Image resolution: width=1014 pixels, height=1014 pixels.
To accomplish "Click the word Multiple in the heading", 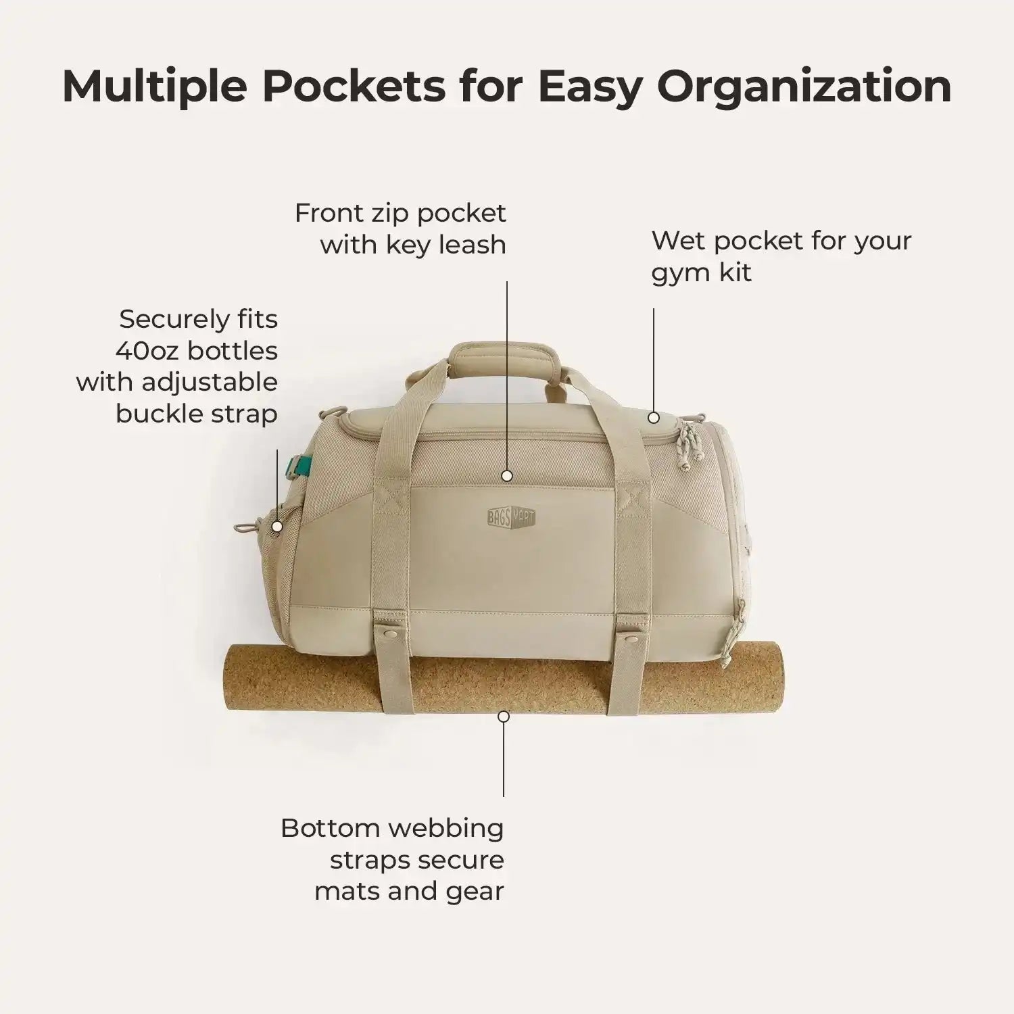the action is (x=155, y=87).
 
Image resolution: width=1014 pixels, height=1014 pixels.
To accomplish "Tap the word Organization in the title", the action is (x=804, y=87).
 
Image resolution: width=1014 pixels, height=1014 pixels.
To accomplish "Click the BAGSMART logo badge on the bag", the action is (x=511, y=517).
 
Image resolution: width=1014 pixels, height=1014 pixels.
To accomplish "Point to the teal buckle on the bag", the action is (x=296, y=462).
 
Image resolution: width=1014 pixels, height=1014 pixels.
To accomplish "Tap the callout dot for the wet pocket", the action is (x=654, y=418).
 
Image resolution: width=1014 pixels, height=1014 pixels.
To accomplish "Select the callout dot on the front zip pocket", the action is (x=507, y=475).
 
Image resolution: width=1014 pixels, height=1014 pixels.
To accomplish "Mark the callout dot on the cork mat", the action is (x=503, y=716).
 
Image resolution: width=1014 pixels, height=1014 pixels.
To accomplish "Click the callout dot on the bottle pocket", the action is (x=276, y=526).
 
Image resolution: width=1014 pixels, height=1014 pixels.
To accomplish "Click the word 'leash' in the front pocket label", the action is (x=473, y=245).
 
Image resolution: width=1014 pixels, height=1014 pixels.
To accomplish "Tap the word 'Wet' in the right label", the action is (x=679, y=241).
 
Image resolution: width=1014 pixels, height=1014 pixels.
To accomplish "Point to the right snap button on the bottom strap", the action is (x=630, y=637).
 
